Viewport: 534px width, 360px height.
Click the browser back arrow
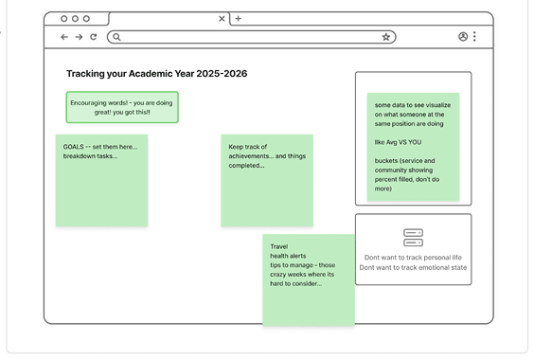[x=64, y=37]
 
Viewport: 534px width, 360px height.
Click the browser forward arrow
[x=79, y=37]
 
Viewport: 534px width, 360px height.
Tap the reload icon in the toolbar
[x=93, y=37]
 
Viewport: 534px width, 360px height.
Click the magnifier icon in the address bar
[x=116, y=37]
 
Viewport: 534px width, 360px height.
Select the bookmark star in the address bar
[x=386, y=37]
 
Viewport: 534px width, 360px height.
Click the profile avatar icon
[x=463, y=37]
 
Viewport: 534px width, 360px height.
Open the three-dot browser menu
[x=474, y=37]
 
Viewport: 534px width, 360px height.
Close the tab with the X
[x=222, y=18]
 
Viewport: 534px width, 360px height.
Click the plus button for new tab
[x=238, y=18]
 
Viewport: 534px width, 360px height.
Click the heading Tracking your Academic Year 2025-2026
[x=156, y=74]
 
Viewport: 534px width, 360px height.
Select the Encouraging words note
[x=122, y=107]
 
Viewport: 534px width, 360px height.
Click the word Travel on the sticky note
[x=279, y=246]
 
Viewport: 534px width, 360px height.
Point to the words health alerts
[x=288, y=256]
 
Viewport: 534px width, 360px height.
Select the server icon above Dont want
[x=413, y=238]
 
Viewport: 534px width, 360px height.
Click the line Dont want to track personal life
[x=413, y=258]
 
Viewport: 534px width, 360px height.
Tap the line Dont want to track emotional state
[x=413, y=268]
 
